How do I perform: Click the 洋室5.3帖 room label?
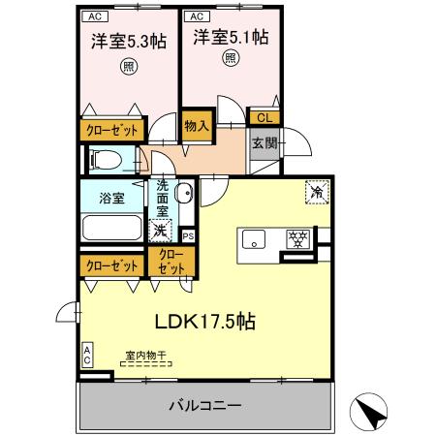pos(128,41)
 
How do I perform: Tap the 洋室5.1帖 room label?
pos(230,39)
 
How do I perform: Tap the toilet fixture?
pos(104,159)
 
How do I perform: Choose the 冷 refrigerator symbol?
pos(317,192)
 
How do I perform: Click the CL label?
pos(263,117)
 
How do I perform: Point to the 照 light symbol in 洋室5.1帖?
pos(230,59)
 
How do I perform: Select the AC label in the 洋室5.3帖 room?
pos(95,16)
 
